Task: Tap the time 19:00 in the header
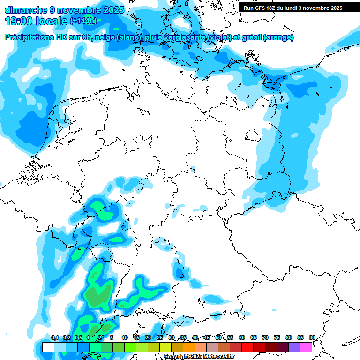coord(19,21)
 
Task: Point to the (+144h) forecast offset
coord(83,21)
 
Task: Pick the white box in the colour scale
coord(48,347)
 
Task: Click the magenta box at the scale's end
coord(307,347)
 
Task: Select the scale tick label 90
coord(312,337)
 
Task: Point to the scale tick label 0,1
coord(55,337)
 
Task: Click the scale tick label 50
coord(218,337)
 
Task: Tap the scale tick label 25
coord(160,337)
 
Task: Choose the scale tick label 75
coord(277,337)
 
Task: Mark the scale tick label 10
coord(125,337)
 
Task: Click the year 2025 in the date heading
coord(114,9)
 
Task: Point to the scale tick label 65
coord(254,337)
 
